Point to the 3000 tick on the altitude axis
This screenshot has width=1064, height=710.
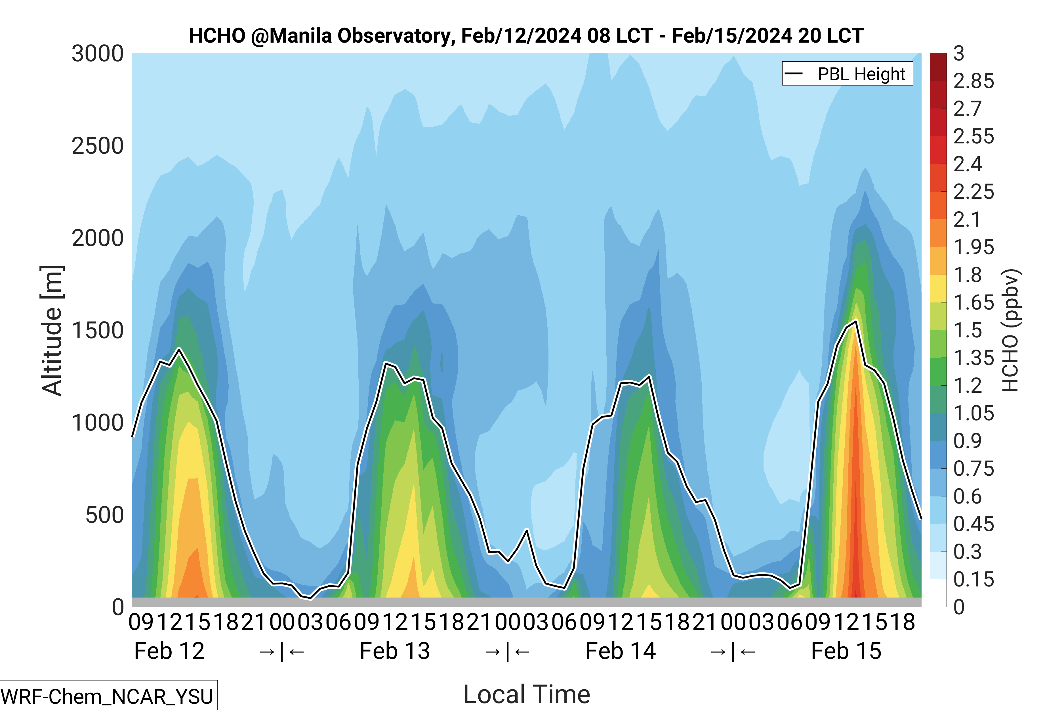point(98,54)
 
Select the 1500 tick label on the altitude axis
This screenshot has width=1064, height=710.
point(98,331)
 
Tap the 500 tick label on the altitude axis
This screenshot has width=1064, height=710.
point(104,515)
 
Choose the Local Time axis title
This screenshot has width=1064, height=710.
point(527,694)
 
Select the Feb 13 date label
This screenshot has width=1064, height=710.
point(394,651)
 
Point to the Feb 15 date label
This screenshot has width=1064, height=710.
point(846,651)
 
